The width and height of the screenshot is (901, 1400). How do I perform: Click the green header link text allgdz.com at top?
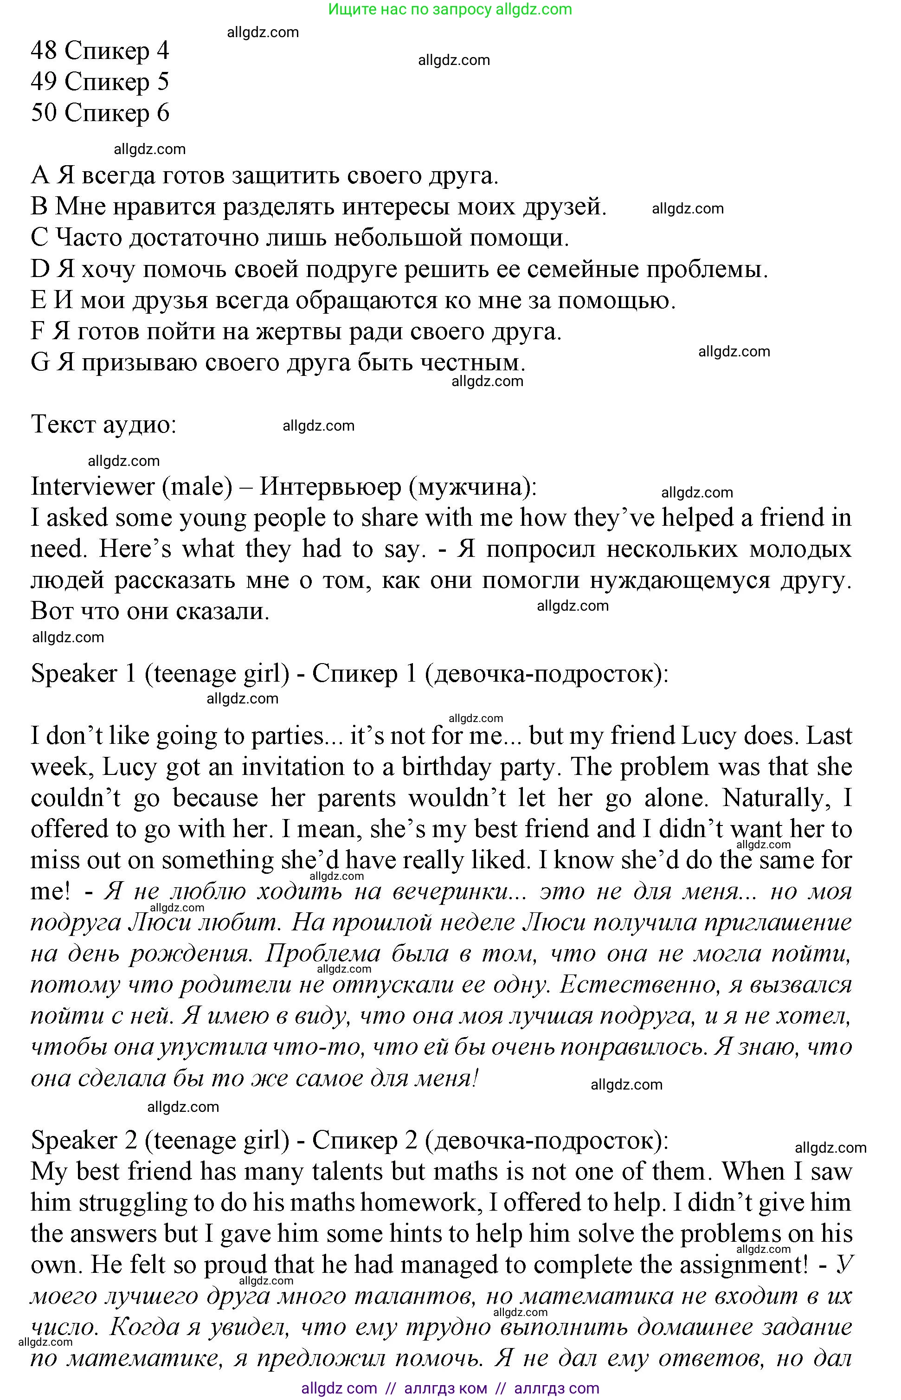pyautogui.click(x=533, y=9)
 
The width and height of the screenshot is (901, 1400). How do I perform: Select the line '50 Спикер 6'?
pyautogui.click(x=100, y=113)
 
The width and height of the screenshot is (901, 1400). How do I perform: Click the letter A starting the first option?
pyautogui.click(x=40, y=175)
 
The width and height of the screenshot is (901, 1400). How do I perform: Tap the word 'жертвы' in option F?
pyautogui.click(x=293, y=332)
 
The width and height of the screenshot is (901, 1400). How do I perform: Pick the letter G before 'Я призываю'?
pyautogui.click(x=40, y=363)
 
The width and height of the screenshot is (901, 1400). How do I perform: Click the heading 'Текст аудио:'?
pyautogui.click(x=103, y=424)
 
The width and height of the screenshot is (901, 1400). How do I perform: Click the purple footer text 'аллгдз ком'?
pyautogui.click(x=445, y=1388)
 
